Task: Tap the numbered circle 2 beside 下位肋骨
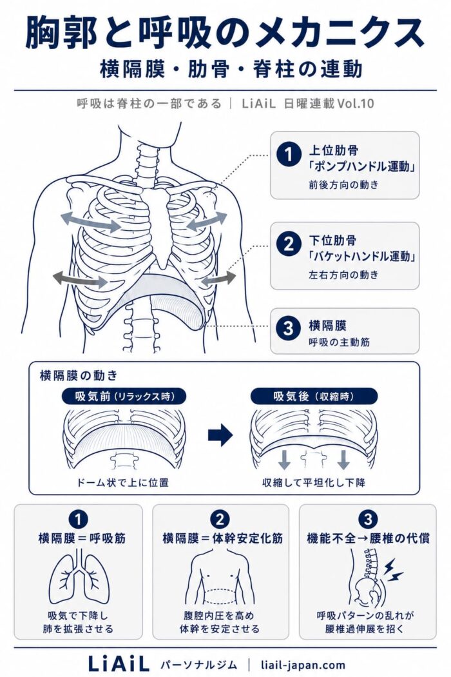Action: [x=288, y=244]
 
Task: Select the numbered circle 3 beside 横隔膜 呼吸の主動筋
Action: [x=288, y=329]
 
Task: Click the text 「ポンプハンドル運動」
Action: [x=361, y=166]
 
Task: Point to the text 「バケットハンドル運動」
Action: [x=361, y=256]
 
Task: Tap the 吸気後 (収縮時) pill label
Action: [x=314, y=397]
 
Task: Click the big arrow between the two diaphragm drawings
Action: [x=220, y=435]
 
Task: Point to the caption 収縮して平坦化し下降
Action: [x=314, y=482]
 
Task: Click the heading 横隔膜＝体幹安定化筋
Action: [x=223, y=538]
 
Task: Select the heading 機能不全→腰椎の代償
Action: [x=368, y=538]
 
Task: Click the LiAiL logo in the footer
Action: [x=119, y=663]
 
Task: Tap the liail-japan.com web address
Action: [x=303, y=665]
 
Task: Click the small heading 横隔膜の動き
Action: [x=79, y=376]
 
